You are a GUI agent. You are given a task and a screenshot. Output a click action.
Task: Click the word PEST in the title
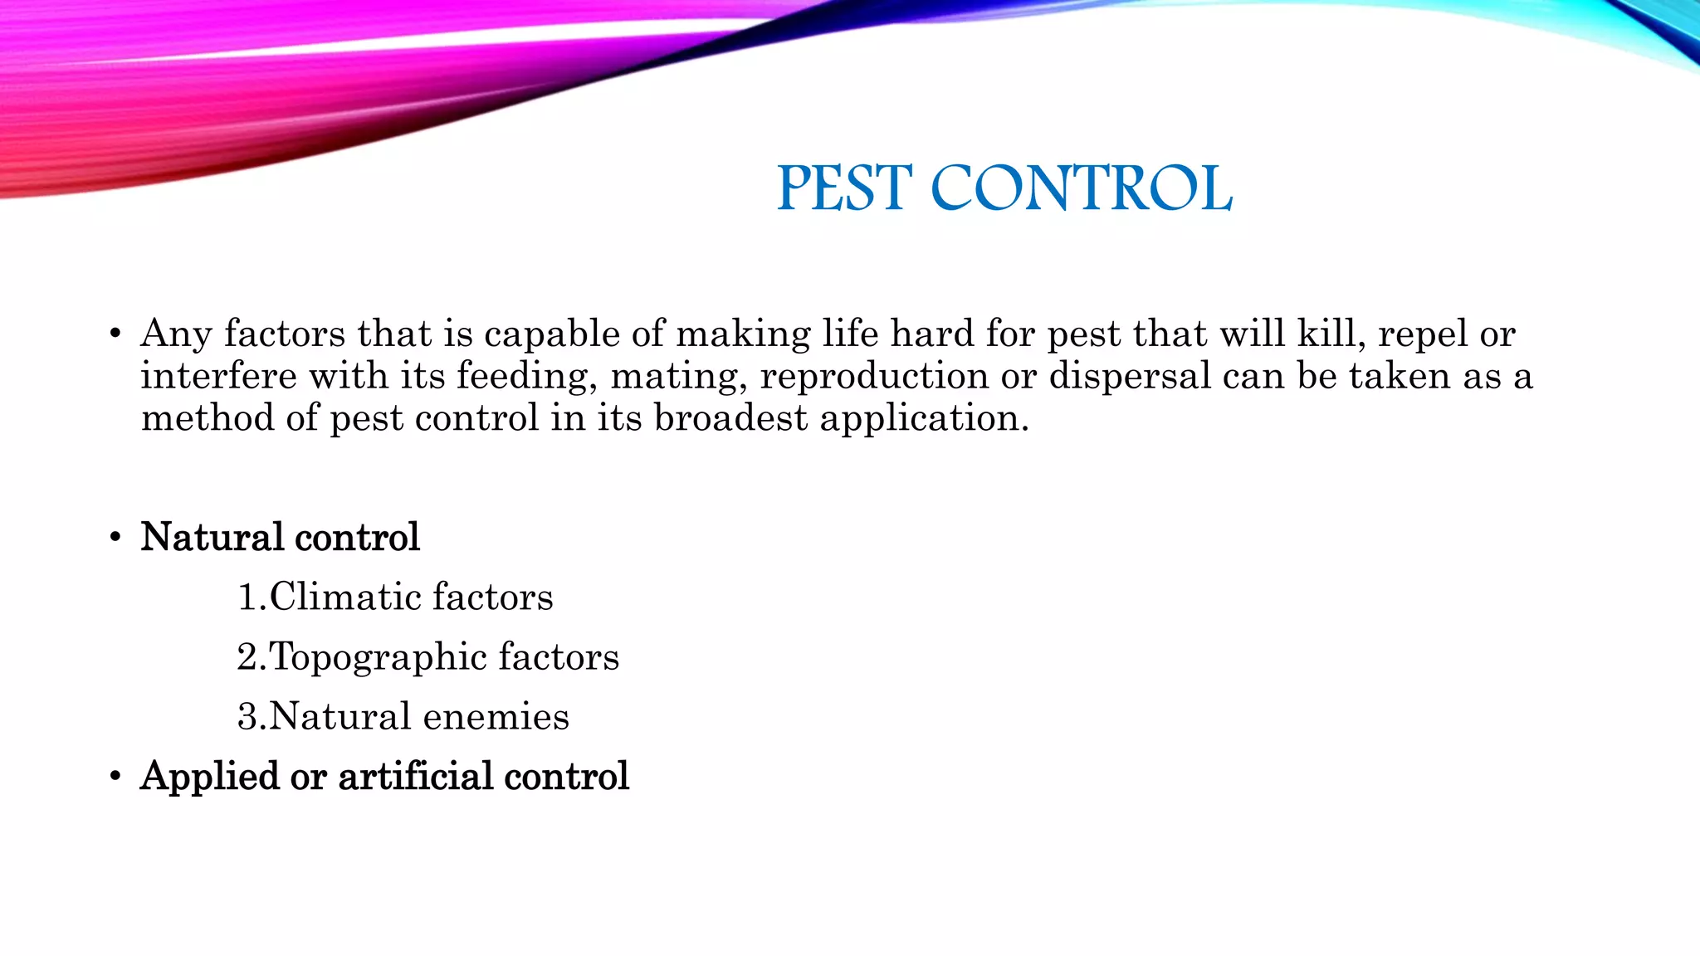[844, 188]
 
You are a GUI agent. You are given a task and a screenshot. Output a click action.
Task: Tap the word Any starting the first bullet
[176, 334]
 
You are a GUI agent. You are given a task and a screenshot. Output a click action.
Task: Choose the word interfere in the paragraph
[218, 376]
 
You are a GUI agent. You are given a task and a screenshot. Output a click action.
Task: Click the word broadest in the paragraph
[730, 417]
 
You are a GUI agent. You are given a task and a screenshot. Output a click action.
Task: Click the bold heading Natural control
[280, 537]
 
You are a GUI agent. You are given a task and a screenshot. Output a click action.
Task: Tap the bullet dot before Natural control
[115, 538]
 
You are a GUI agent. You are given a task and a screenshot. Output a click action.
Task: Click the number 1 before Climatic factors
[247, 597]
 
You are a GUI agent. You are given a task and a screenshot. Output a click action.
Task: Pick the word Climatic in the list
[344, 597]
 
